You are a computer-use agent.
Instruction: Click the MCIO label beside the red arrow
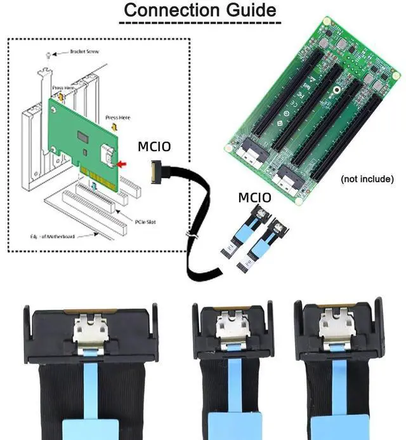154,147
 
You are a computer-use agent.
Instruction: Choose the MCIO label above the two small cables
254,197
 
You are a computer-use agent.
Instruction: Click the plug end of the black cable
156,171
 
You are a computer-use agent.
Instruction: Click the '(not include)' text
367,179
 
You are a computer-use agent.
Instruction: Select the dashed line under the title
200,23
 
